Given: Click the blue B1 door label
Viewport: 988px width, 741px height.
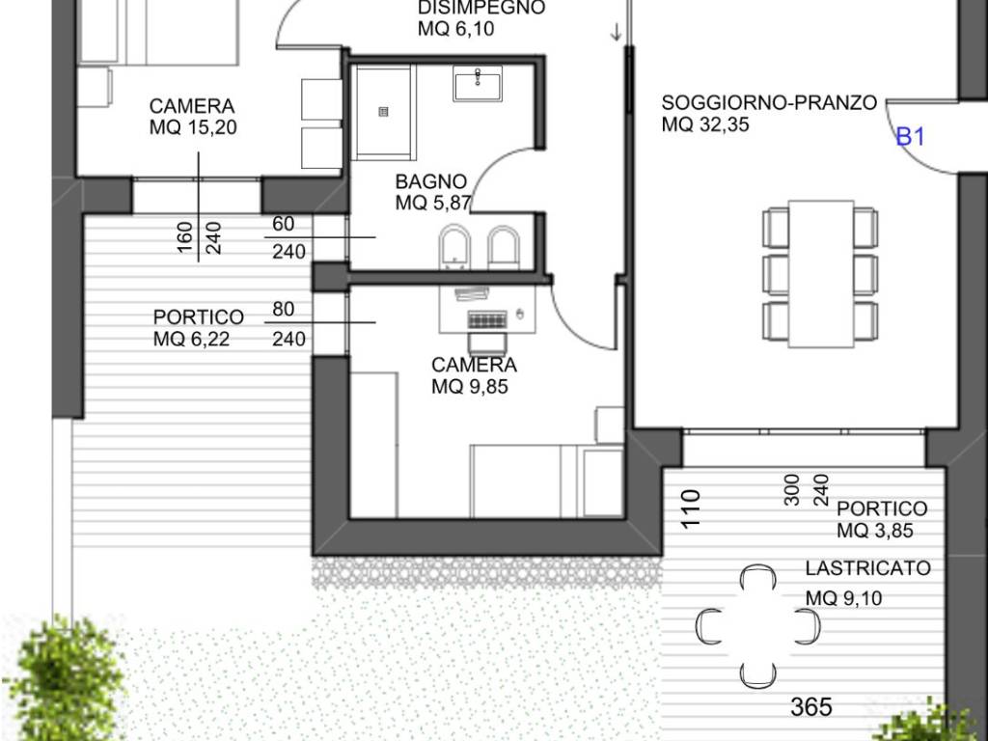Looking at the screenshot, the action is [x=911, y=137].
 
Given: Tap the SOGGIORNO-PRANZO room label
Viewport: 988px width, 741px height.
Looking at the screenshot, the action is [x=769, y=102].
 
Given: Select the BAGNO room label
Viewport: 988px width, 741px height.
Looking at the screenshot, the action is [x=431, y=181].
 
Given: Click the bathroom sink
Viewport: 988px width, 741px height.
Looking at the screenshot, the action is [x=478, y=84].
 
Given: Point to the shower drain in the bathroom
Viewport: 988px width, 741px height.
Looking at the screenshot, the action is [x=383, y=112].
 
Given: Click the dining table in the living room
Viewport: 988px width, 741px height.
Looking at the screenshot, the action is [x=821, y=273].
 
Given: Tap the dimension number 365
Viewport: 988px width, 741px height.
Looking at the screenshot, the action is [x=810, y=707].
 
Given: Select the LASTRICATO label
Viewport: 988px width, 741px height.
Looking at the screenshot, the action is [x=867, y=567].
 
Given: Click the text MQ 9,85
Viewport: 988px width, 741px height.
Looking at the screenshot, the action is [x=470, y=386].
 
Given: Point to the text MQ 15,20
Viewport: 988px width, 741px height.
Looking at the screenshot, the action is [x=193, y=127].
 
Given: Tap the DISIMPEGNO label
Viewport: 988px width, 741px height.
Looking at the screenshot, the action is [x=481, y=8].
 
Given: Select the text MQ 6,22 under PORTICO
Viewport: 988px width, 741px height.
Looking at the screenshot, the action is [x=191, y=339].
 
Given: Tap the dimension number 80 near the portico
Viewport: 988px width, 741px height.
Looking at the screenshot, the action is [x=284, y=309].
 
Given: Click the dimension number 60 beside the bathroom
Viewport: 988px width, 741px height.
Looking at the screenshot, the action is [x=284, y=224].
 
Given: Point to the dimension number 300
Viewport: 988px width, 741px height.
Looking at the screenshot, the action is [x=792, y=489].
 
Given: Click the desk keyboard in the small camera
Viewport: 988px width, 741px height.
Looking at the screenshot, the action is [x=487, y=320].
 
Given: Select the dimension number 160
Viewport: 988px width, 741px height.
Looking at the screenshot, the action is [x=185, y=237].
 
